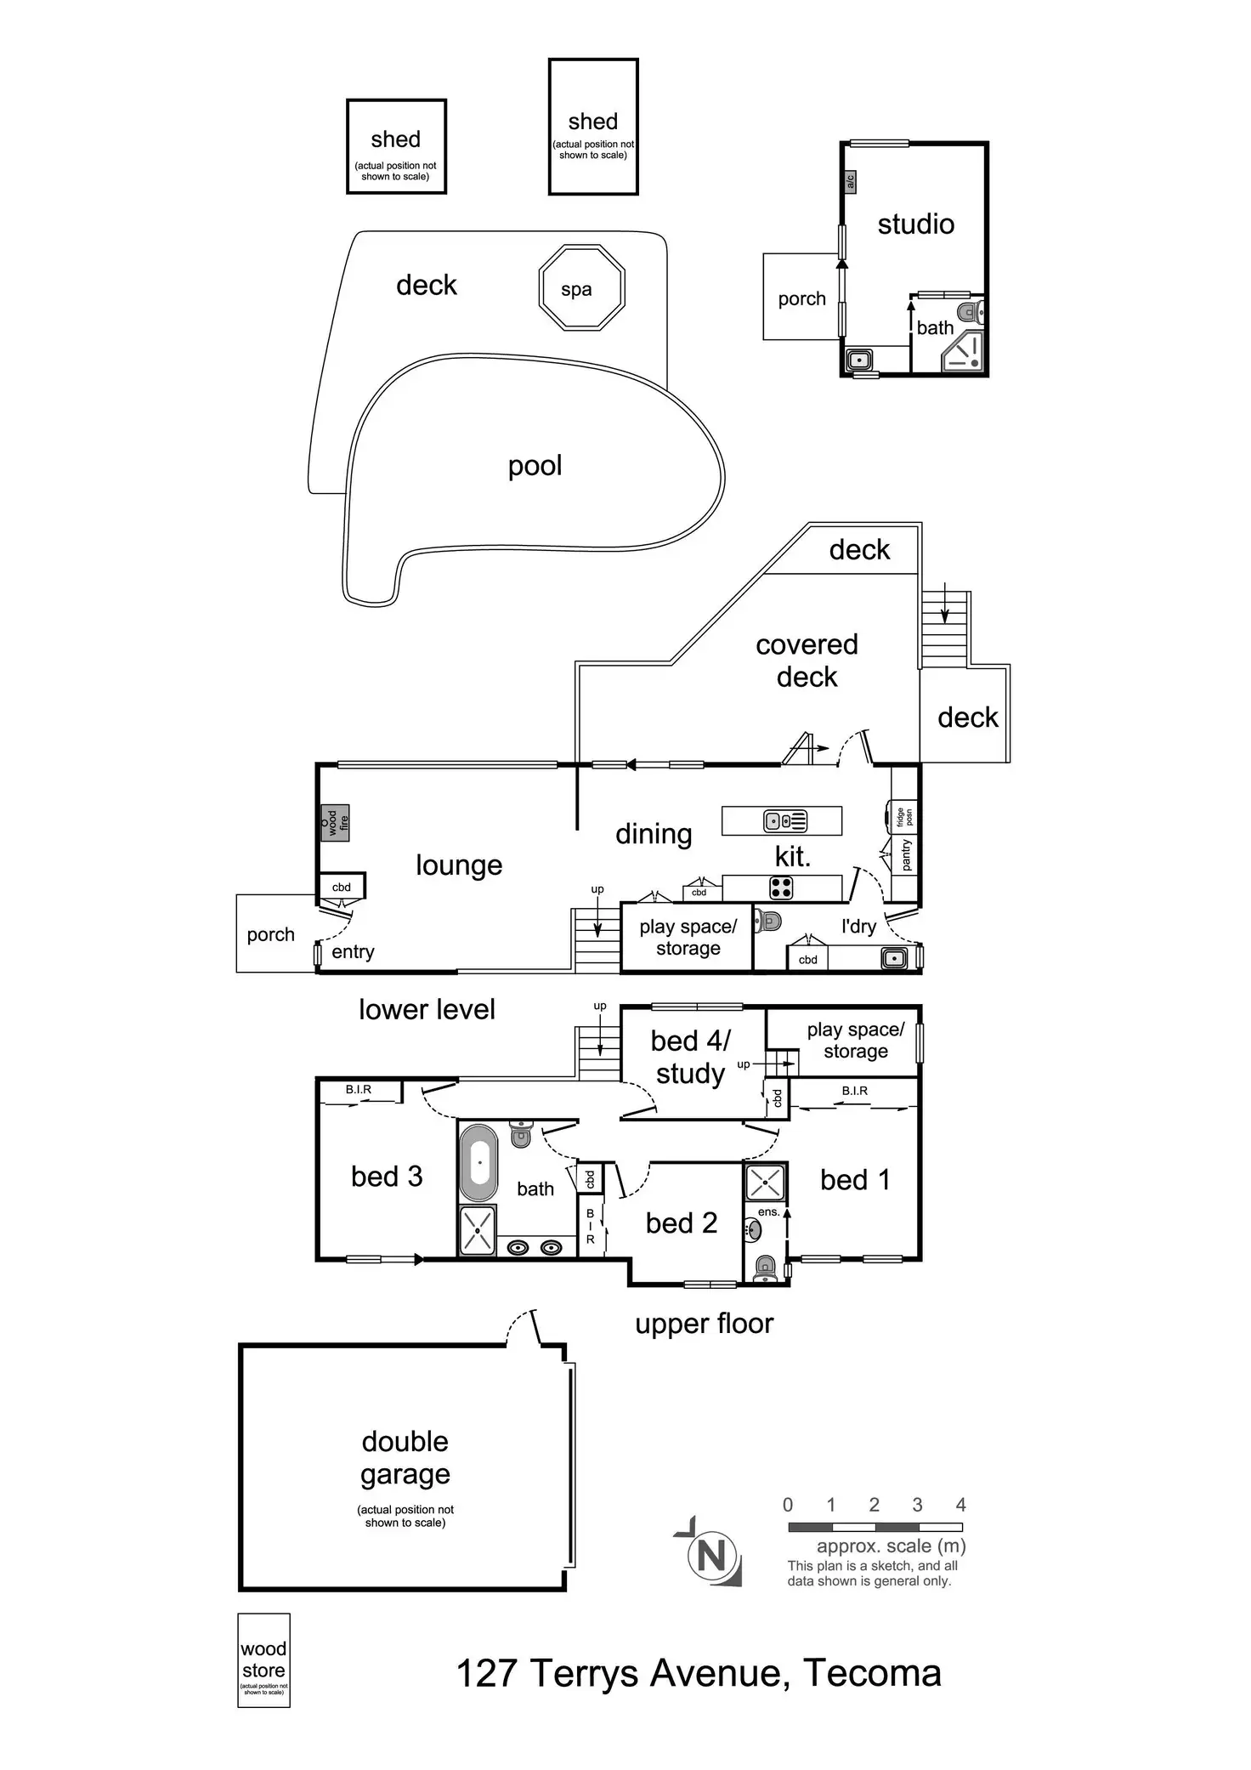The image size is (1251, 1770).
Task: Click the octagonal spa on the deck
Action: click(x=582, y=288)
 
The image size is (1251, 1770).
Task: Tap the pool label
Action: click(x=535, y=466)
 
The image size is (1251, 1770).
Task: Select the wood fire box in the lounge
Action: click(x=334, y=822)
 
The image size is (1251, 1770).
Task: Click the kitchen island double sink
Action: click(x=785, y=821)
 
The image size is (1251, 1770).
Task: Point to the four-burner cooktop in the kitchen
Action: click(x=781, y=888)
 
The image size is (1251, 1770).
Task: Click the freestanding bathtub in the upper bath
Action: click(x=478, y=1163)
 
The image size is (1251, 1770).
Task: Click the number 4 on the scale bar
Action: click(x=960, y=1505)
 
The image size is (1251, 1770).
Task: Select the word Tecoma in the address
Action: click(x=872, y=1673)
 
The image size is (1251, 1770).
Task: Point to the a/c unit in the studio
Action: click(x=850, y=181)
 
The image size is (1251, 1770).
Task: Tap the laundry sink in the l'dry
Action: click(x=893, y=958)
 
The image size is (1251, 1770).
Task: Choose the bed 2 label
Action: click(x=681, y=1223)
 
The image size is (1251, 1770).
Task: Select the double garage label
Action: click(x=405, y=1457)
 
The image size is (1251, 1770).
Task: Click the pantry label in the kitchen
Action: click(x=906, y=854)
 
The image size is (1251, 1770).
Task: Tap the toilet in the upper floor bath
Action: click(x=521, y=1133)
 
